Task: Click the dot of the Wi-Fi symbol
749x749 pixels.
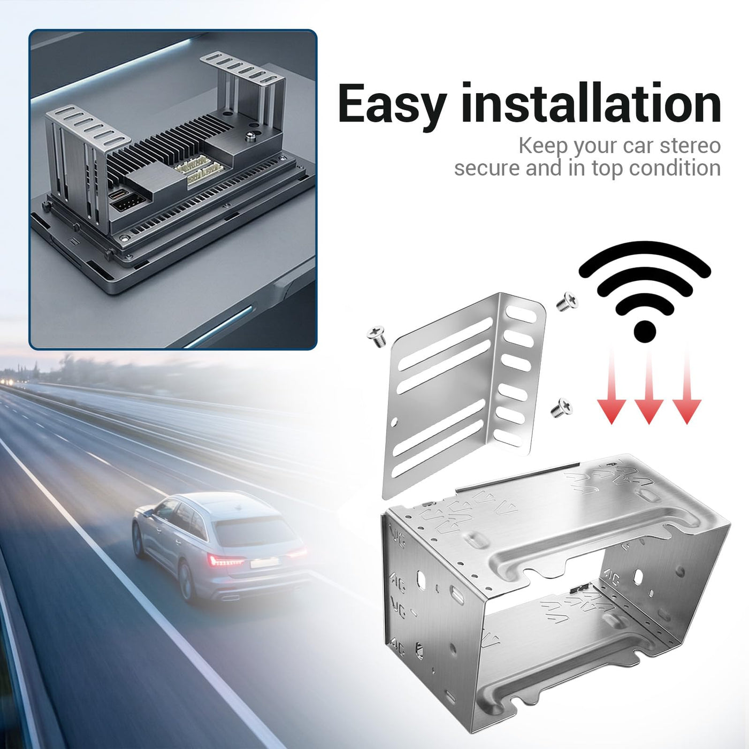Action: (645, 332)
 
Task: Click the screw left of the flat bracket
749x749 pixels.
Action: (376, 337)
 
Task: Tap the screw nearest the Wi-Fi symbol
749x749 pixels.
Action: (567, 301)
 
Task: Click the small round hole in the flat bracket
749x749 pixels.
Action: (394, 422)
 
